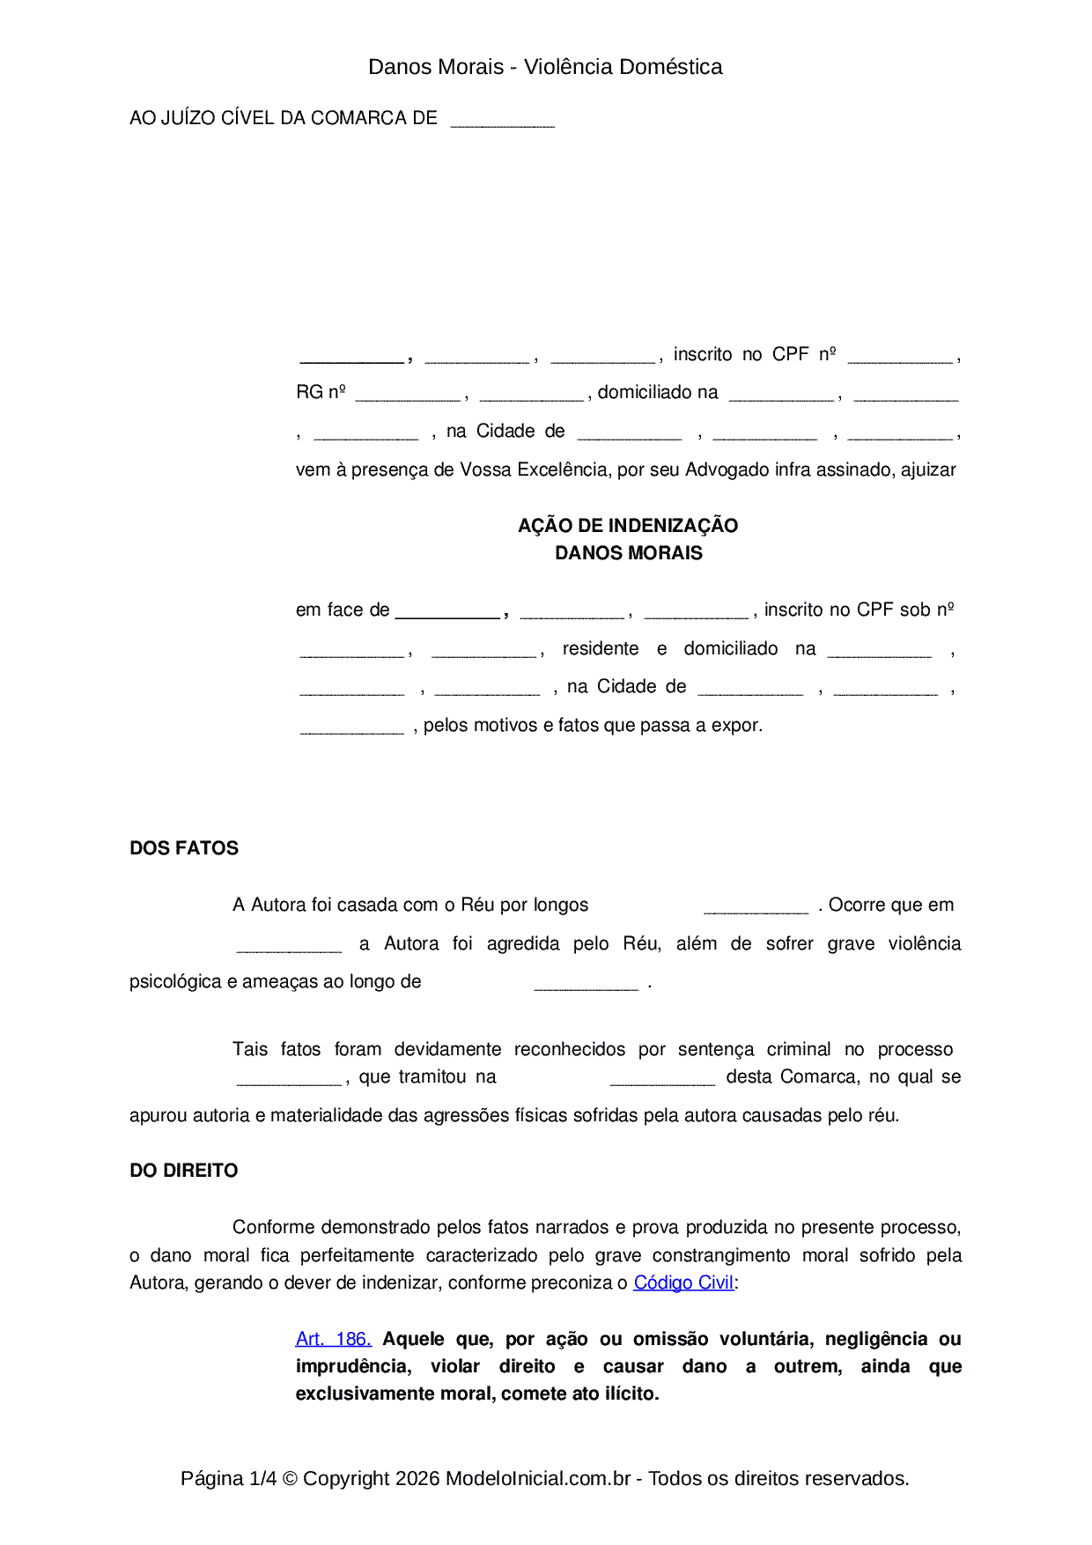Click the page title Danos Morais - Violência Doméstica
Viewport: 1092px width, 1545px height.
pos(545,67)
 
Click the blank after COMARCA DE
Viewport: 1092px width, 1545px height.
pos(502,121)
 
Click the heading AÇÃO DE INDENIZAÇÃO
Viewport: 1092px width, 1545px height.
pos(628,526)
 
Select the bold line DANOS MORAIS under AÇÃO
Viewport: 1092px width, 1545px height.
pos(628,553)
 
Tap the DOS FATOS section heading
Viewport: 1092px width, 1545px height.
pos(184,848)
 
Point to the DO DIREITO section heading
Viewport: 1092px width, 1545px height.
pos(184,1171)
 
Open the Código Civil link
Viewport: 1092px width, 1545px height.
pos(683,1283)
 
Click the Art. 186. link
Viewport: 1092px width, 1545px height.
pos(334,1339)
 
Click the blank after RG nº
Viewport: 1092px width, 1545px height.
pos(408,395)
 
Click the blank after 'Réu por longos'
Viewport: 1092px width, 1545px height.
pos(756,908)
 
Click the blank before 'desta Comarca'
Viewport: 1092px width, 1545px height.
pos(662,1080)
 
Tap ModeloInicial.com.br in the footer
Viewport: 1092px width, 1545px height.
pos(538,1478)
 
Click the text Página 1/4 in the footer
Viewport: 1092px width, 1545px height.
pos(228,1478)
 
